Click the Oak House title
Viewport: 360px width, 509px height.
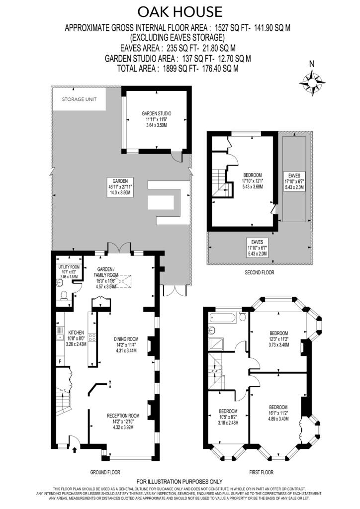(x=180, y=11)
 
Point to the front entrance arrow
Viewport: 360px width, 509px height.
(x=75, y=450)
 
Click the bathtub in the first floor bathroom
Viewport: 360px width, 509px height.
(x=226, y=316)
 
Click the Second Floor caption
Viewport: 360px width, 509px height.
(x=259, y=272)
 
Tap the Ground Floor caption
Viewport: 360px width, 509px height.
(x=105, y=472)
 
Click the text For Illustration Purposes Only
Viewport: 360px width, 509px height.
(x=180, y=482)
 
